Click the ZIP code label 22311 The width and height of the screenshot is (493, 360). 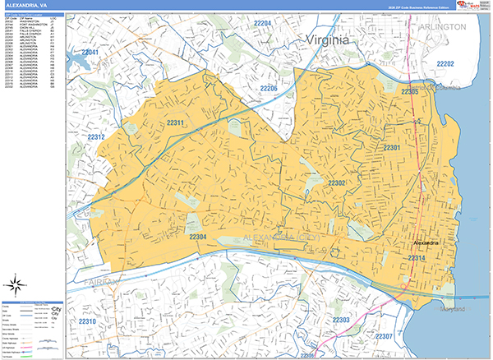pyautogui.click(x=174, y=123)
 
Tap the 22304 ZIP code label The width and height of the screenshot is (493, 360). pyautogui.click(x=198, y=237)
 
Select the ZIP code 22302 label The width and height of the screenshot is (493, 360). pyautogui.click(x=337, y=182)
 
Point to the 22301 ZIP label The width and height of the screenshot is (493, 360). pyautogui.click(x=392, y=148)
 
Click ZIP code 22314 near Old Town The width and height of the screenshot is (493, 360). pyautogui.click(x=417, y=259)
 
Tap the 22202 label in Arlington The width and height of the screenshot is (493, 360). pyautogui.click(x=445, y=63)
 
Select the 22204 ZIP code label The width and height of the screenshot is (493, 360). pyautogui.click(x=263, y=23)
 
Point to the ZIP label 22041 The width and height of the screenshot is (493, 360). pyautogui.click(x=90, y=53)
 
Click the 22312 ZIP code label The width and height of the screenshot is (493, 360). pyautogui.click(x=98, y=137)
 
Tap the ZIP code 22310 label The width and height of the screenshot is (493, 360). pyautogui.click(x=87, y=321)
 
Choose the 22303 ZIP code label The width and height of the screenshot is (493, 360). pyautogui.click(x=341, y=319)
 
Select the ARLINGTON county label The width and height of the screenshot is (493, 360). pyautogui.click(x=452, y=26)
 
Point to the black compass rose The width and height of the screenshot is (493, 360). pyautogui.click(x=15, y=286)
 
